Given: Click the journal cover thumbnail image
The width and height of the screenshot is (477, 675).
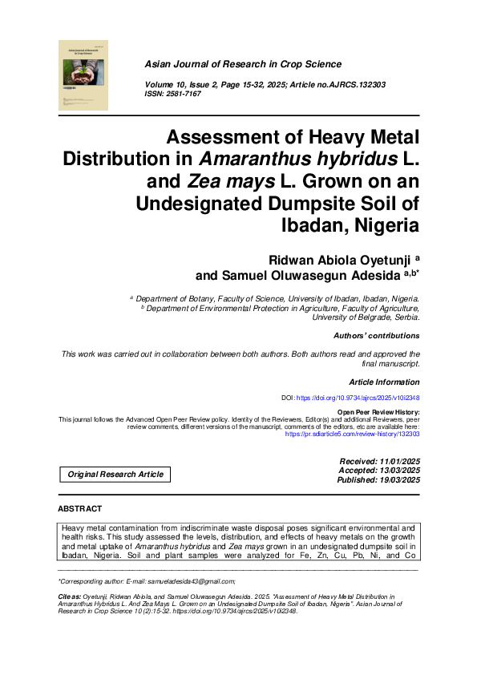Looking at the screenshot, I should click(83, 75).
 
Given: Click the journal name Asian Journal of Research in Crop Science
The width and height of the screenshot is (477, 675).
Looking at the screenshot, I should click(242, 64).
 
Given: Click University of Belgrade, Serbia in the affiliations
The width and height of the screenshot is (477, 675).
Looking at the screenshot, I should click(366, 317).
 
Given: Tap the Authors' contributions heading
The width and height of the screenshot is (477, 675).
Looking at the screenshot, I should click(376, 335).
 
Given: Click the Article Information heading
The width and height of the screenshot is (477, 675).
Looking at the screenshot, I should click(384, 382).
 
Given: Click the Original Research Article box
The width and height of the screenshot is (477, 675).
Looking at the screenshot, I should click(115, 475).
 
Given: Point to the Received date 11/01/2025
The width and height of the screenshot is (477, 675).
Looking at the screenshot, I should click(393, 462).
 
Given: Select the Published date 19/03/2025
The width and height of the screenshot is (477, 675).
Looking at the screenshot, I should click(393, 480).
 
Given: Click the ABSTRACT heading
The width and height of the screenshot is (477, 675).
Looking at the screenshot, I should click(80, 509).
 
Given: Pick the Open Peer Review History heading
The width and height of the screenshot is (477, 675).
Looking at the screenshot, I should click(378, 412).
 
